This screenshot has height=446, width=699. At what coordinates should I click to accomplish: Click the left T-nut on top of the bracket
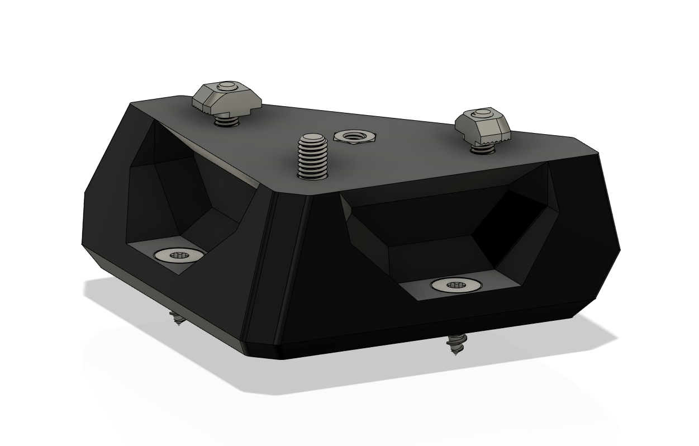tap(226, 97)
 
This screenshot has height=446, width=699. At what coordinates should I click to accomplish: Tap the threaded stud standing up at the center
tap(312, 157)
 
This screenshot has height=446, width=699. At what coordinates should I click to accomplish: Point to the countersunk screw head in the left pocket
tap(178, 255)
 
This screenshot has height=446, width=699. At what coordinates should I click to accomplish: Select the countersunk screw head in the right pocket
tap(457, 285)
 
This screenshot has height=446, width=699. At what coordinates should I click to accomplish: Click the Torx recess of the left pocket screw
tap(179, 255)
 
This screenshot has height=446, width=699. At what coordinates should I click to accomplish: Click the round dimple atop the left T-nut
tap(226, 86)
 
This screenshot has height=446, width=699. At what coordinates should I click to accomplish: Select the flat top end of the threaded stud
tap(312, 137)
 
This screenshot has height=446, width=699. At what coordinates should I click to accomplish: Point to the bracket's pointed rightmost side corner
tap(620, 249)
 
